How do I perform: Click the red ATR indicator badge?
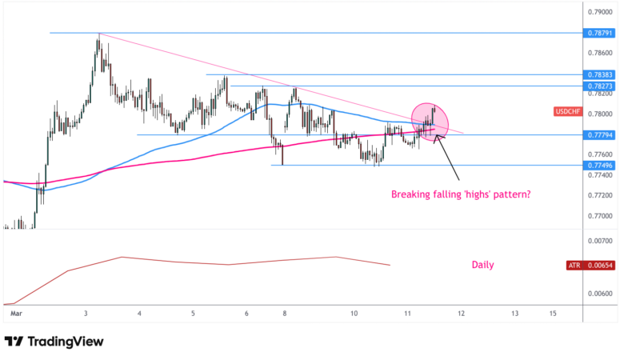click(573, 265)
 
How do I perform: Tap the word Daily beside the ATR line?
click(482, 265)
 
